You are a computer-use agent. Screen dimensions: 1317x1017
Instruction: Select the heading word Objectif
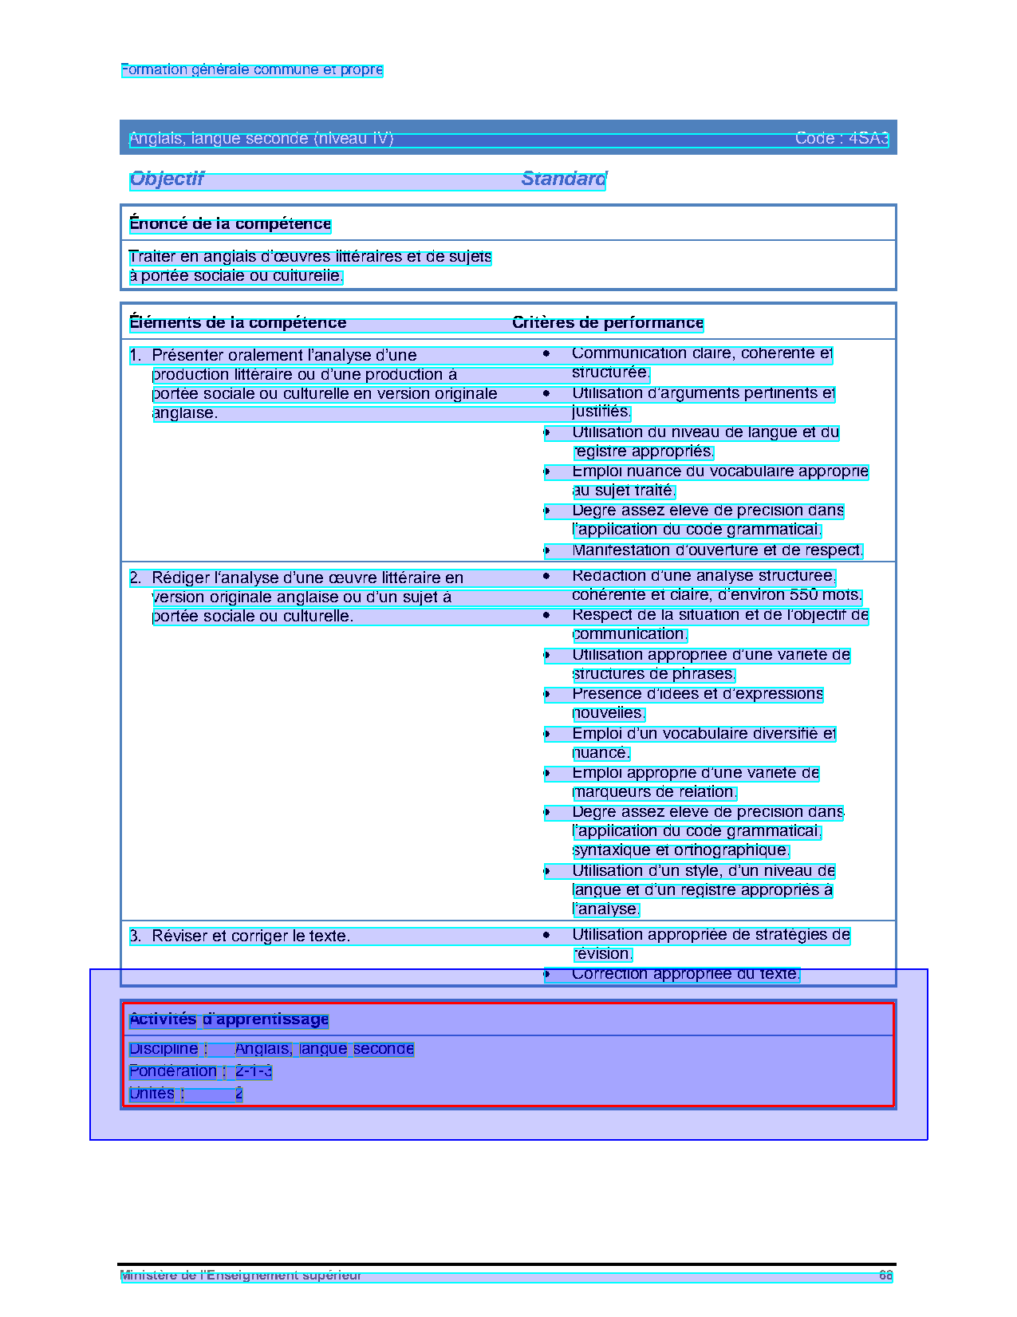[x=167, y=179]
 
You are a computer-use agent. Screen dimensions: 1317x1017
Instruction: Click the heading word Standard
[x=564, y=179]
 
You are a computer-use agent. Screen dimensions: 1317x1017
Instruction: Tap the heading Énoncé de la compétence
[x=230, y=224]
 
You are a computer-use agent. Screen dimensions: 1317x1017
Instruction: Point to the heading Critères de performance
[x=608, y=323]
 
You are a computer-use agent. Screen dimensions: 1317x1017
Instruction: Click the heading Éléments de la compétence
[x=238, y=323]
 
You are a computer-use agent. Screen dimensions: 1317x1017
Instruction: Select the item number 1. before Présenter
[x=136, y=356]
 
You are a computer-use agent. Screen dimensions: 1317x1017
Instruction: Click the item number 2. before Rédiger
[x=136, y=578]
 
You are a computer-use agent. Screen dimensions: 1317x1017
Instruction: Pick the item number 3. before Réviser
[x=136, y=936]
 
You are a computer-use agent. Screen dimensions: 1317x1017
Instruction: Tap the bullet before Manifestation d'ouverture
[x=547, y=550]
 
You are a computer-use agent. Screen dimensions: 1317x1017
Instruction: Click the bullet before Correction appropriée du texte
[x=547, y=974]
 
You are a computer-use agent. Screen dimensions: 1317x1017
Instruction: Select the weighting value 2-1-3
[x=254, y=1071]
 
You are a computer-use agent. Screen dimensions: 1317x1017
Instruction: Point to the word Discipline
[x=164, y=1049]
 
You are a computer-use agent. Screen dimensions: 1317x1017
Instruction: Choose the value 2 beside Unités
[x=238, y=1094]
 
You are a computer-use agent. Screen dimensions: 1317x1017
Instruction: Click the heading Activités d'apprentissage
[x=229, y=1019]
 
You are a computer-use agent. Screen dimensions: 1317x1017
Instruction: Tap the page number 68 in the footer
[x=885, y=1276]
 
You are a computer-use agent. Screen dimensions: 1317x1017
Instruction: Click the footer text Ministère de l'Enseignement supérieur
[x=241, y=1276]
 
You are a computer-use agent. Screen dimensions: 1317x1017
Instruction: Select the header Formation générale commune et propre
[x=252, y=70]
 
